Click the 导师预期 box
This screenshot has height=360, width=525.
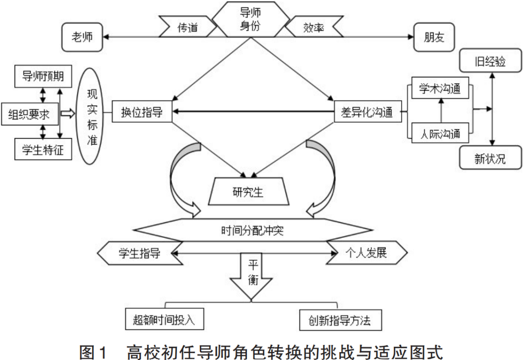tap(43, 77)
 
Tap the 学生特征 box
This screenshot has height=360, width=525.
tap(43, 149)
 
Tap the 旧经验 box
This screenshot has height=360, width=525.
tap(490, 62)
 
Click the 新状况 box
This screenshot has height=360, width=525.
tap(490, 159)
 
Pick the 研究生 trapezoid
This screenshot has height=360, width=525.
tap(248, 192)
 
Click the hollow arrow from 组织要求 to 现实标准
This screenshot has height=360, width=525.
tap(68, 114)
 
